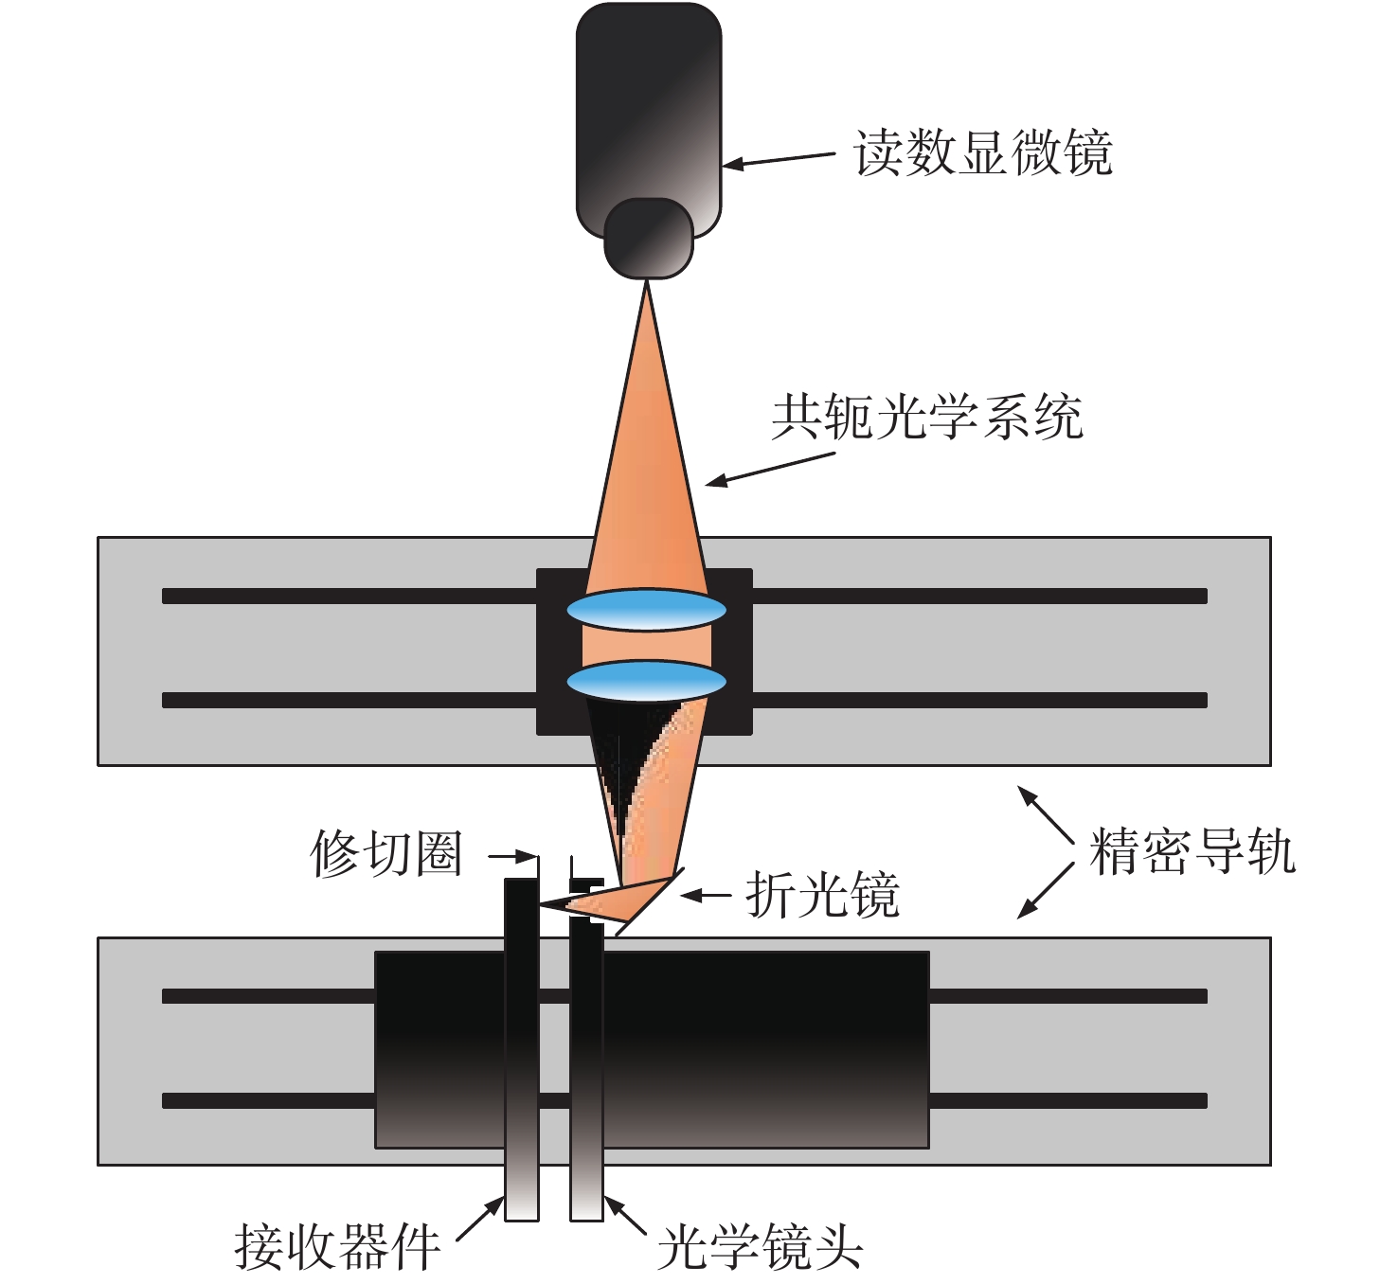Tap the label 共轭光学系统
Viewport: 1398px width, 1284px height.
(927, 417)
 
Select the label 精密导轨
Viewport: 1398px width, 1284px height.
(1192, 850)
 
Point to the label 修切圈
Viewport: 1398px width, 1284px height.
(386, 853)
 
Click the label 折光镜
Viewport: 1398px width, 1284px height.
(823, 895)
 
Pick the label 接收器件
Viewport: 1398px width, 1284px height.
(337, 1246)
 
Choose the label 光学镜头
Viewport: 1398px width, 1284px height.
(760, 1246)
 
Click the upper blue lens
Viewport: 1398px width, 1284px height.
(646, 611)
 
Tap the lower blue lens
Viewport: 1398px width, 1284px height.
(646, 682)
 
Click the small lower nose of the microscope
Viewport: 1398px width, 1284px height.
(648, 239)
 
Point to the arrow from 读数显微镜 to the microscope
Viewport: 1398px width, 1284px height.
(779, 159)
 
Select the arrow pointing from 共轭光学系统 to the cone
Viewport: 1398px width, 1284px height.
(770, 469)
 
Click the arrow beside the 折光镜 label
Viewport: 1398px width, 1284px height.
(706, 895)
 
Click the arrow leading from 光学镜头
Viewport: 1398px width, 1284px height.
(626, 1217)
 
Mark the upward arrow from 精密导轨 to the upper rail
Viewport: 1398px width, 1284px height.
(1046, 814)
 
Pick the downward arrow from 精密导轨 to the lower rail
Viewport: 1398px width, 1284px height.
(1046, 891)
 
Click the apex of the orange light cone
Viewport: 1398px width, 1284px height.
(647, 281)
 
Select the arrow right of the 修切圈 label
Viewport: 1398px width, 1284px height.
(513, 856)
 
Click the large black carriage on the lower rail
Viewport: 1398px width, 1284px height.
(766, 1052)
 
